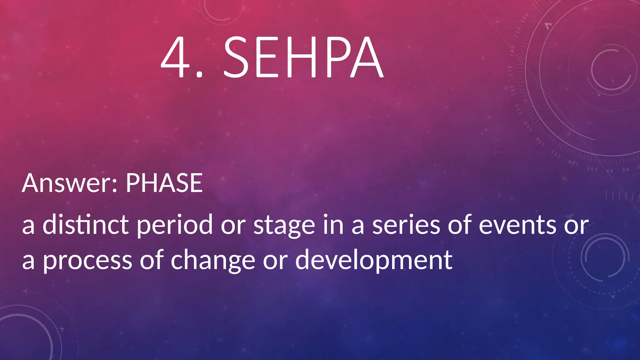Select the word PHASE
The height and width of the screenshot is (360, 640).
tap(164, 183)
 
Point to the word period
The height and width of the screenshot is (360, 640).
tap(175, 225)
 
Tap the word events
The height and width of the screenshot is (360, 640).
tap(517, 225)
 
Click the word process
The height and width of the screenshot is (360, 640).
tap(87, 261)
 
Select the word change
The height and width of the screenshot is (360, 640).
tap(213, 261)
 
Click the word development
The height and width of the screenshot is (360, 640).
tap(374, 261)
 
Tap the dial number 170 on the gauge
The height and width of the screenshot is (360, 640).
tap(510, 71)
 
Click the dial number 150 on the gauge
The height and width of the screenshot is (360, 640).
tap(517, 109)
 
